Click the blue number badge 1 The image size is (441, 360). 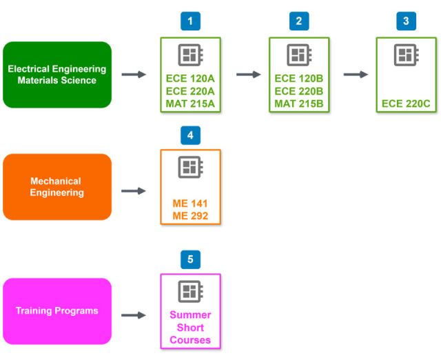[190, 21]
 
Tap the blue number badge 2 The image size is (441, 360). [298, 21]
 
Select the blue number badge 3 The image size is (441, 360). [406, 21]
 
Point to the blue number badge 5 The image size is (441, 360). [190, 259]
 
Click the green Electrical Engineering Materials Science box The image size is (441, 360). [57, 74]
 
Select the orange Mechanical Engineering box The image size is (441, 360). [57, 187]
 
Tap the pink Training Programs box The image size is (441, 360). [57, 311]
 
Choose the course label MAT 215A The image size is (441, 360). [190, 104]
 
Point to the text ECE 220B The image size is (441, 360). [298, 91]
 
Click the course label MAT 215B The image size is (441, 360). [298, 104]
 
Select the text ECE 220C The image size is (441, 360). [406, 104]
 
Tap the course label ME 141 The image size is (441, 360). [190, 203]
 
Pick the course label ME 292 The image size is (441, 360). [190, 217]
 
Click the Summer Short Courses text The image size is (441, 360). [190, 328]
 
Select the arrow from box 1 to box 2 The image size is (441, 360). [249, 74]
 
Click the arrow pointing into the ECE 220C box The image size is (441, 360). [356, 74]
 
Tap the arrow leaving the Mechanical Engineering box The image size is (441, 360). [134, 190]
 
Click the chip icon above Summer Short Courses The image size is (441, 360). [190, 291]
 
